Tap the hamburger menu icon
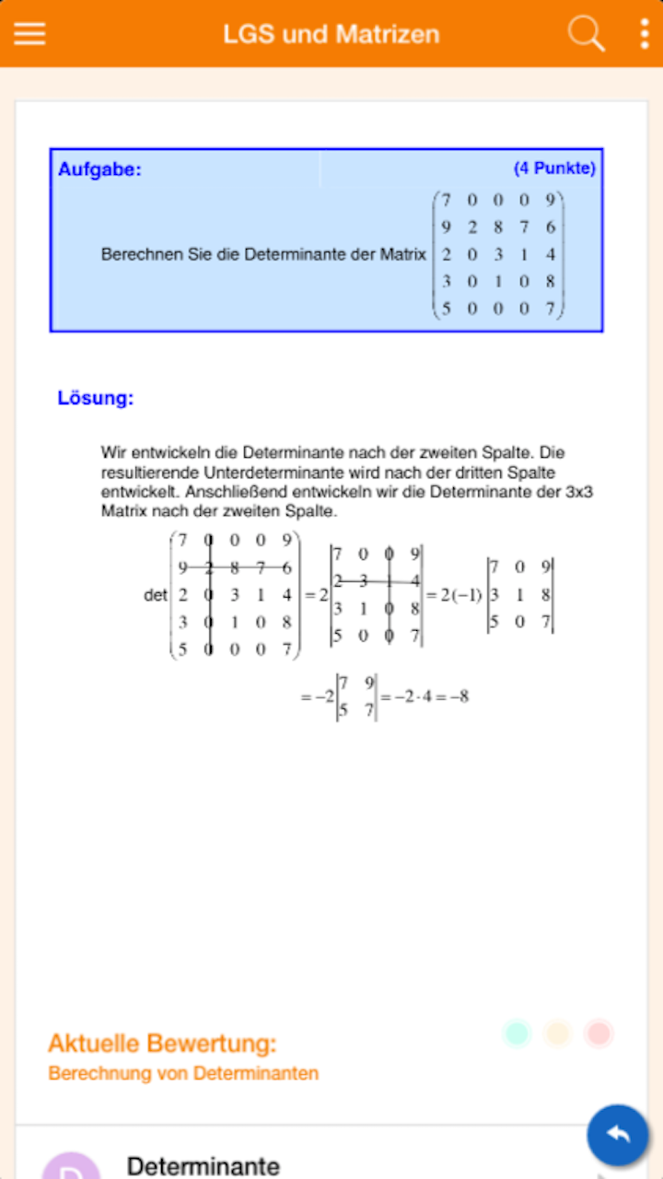click(29, 33)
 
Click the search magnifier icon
click(586, 33)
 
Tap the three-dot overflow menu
click(644, 33)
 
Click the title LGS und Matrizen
click(331, 34)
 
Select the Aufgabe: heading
click(99, 169)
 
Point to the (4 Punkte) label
click(554, 169)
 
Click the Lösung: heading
click(96, 399)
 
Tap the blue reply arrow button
click(618, 1135)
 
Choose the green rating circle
click(518, 1033)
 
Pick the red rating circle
click(599, 1033)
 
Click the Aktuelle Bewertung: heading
click(162, 1044)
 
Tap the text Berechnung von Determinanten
click(183, 1073)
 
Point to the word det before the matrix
click(155, 596)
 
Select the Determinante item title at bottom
click(203, 1166)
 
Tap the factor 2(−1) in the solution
click(460, 594)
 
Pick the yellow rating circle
click(558, 1033)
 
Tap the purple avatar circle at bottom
click(71, 1168)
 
